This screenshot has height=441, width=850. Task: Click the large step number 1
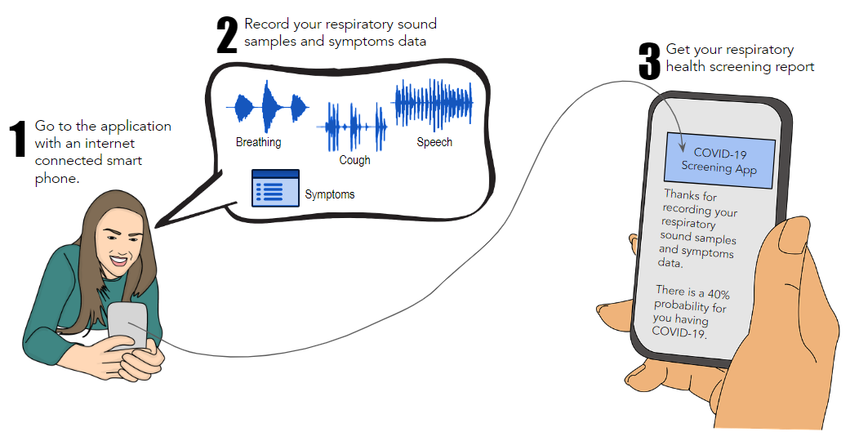(18, 139)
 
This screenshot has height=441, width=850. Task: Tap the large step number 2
(227, 35)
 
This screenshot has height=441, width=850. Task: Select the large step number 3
(649, 61)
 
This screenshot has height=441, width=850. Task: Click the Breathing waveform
(267, 107)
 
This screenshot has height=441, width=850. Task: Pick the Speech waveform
(434, 105)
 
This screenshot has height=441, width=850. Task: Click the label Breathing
(259, 142)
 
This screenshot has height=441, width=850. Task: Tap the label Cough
(354, 160)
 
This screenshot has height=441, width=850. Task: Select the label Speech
(434, 142)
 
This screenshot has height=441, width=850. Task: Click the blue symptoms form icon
(275, 188)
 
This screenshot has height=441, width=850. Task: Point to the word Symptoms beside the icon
(330, 194)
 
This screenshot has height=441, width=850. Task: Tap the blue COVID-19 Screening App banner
(719, 161)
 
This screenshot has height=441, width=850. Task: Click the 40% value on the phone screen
(719, 294)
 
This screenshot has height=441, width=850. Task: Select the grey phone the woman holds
(128, 326)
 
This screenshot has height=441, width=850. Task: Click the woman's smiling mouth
(119, 261)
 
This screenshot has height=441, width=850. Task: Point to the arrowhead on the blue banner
(683, 147)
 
